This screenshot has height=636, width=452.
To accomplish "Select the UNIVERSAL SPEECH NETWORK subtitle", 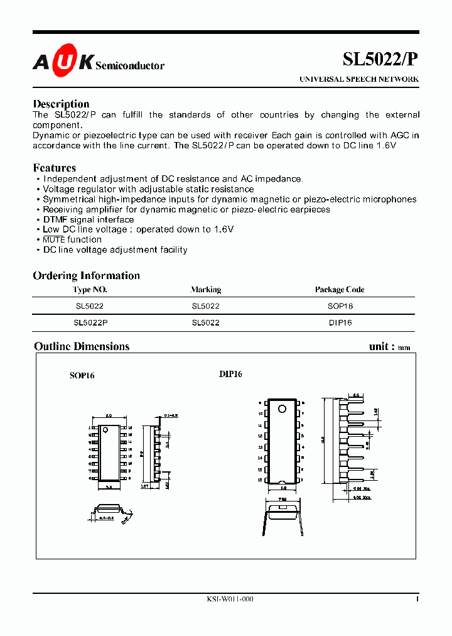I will click(358, 80).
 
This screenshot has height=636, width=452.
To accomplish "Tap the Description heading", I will click(61, 104).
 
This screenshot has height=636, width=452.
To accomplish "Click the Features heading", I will click(54, 168).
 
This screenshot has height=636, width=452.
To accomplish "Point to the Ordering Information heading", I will click(86, 275).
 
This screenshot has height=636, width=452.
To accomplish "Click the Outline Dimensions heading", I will click(82, 346).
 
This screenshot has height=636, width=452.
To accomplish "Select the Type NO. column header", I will click(90, 290).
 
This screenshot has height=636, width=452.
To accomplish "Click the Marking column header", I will click(205, 290).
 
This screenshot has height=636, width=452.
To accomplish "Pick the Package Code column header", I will click(340, 290).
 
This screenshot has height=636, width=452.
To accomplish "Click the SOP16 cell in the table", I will click(340, 305).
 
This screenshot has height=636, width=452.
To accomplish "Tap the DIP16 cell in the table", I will click(340, 322).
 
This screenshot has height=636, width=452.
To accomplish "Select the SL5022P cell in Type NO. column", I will click(90, 322).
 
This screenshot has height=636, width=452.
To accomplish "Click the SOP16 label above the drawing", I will click(82, 375).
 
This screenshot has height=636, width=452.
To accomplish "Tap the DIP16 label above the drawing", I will click(230, 374).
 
